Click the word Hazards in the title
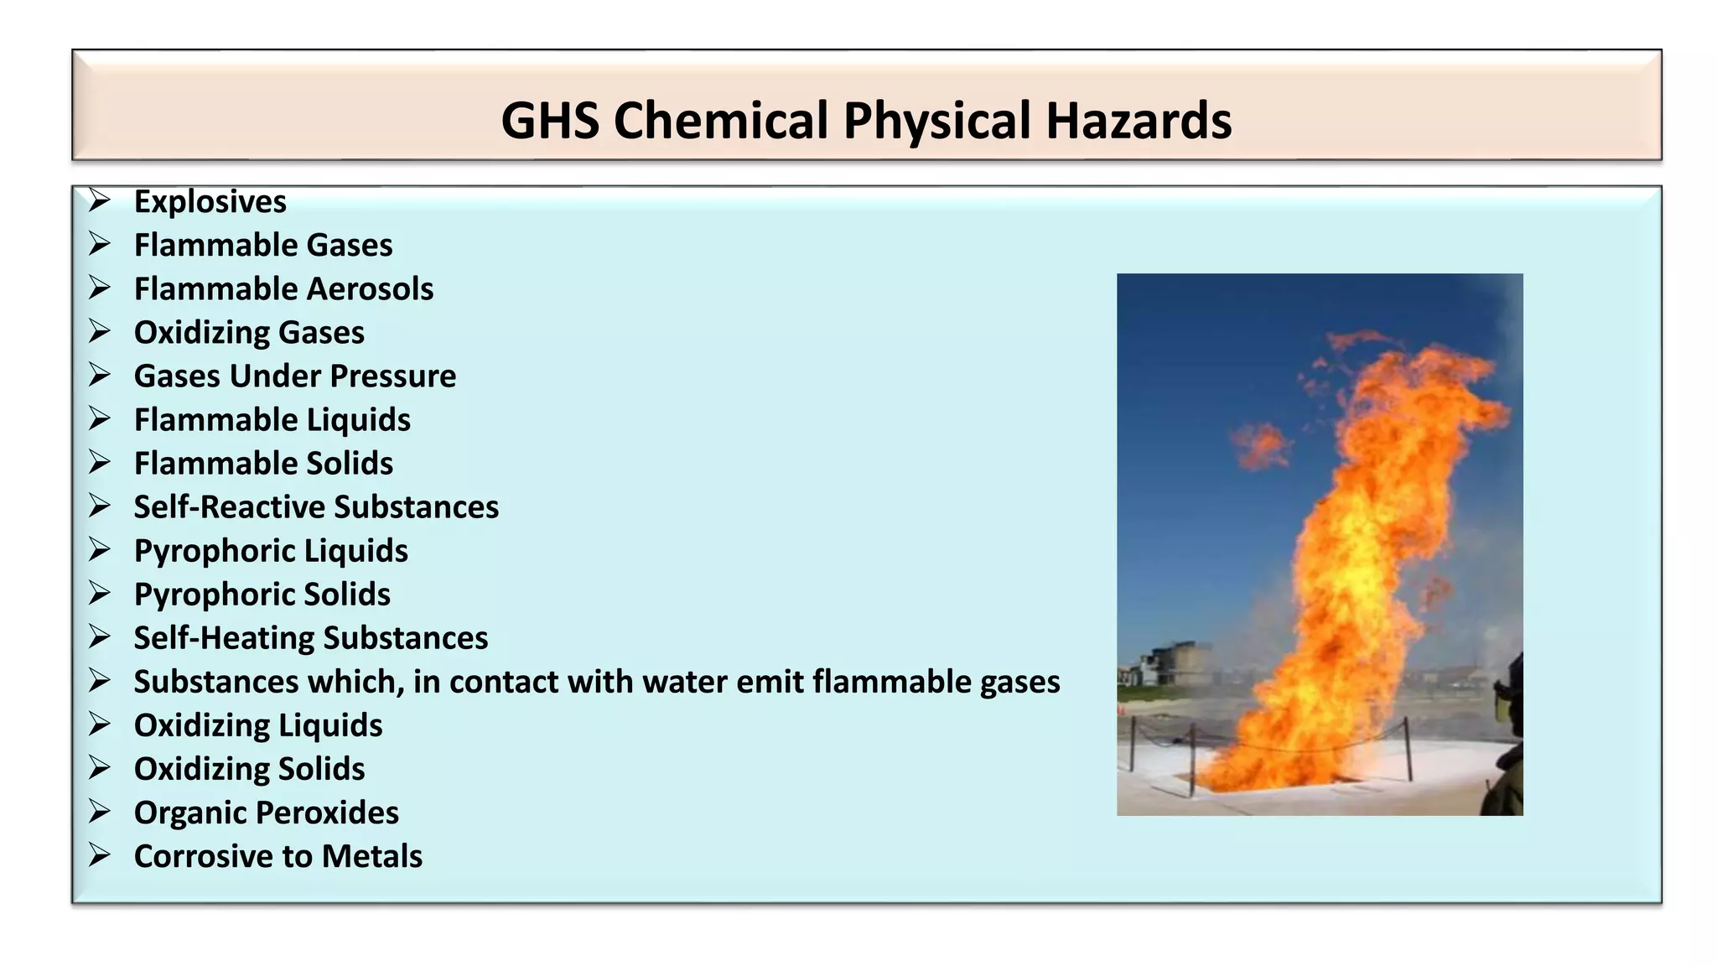click(1139, 120)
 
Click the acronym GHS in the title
click(550, 120)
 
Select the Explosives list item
click(210, 202)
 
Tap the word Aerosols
click(370, 289)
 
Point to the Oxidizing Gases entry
click(249, 333)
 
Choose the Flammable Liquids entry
click(272, 420)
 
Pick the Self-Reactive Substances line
click(316, 507)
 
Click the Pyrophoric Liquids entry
click(271, 551)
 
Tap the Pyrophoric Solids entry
click(262, 595)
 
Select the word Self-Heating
click(224, 638)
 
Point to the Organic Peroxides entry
click(266, 813)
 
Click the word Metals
click(371, 856)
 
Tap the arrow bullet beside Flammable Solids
click(100, 463)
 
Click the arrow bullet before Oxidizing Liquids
click(100, 724)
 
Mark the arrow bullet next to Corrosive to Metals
click(100, 855)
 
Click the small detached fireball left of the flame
click(1258, 444)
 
